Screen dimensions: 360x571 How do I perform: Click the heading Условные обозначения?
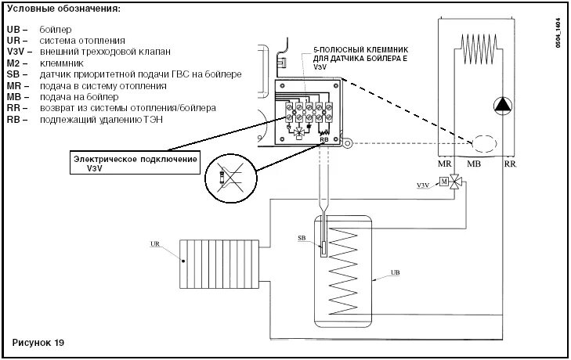click(x=63, y=9)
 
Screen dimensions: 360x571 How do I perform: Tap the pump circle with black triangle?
click(x=501, y=105)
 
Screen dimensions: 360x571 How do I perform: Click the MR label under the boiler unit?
click(x=443, y=165)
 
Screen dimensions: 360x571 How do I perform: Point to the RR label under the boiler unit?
click(x=510, y=165)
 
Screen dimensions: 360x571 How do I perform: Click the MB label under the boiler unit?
click(x=474, y=165)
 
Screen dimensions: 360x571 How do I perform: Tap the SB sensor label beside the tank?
click(x=302, y=237)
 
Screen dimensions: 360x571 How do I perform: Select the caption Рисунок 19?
click(x=38, y=344)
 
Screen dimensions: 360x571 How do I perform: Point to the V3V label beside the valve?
click(x=422, y=185)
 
